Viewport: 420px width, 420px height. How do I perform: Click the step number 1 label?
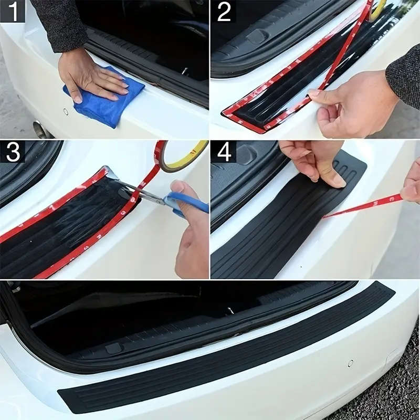(x=12, y=11)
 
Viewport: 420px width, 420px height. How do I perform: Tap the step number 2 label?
(x=224, y=12)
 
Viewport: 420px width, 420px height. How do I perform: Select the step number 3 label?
(x=12, y=152)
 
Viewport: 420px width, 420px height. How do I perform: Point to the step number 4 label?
(x=224, y=152)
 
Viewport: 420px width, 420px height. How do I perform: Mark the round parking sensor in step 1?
(x=66, y=111)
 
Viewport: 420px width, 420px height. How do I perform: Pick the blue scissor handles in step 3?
(x=184, y=202)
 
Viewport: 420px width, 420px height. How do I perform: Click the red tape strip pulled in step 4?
(x=362, y=206)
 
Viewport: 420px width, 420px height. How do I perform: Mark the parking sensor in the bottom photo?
(x=350, y=363)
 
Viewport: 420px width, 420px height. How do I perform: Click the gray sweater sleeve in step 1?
(x=60, y=24)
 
